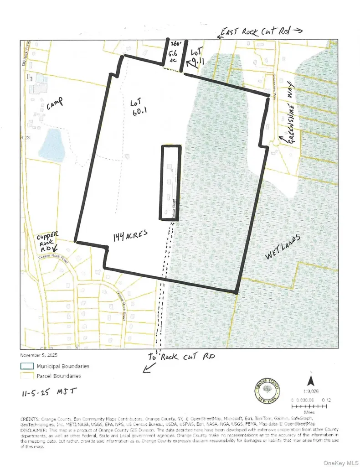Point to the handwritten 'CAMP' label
pyautogui.click(x=54, y=106)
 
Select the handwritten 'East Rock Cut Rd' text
pyautogui.click(x=261, y=31)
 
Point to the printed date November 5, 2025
pyautogui.click(x=39, y=355)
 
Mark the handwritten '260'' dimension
pyautogui.click(x=176, y=44)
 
